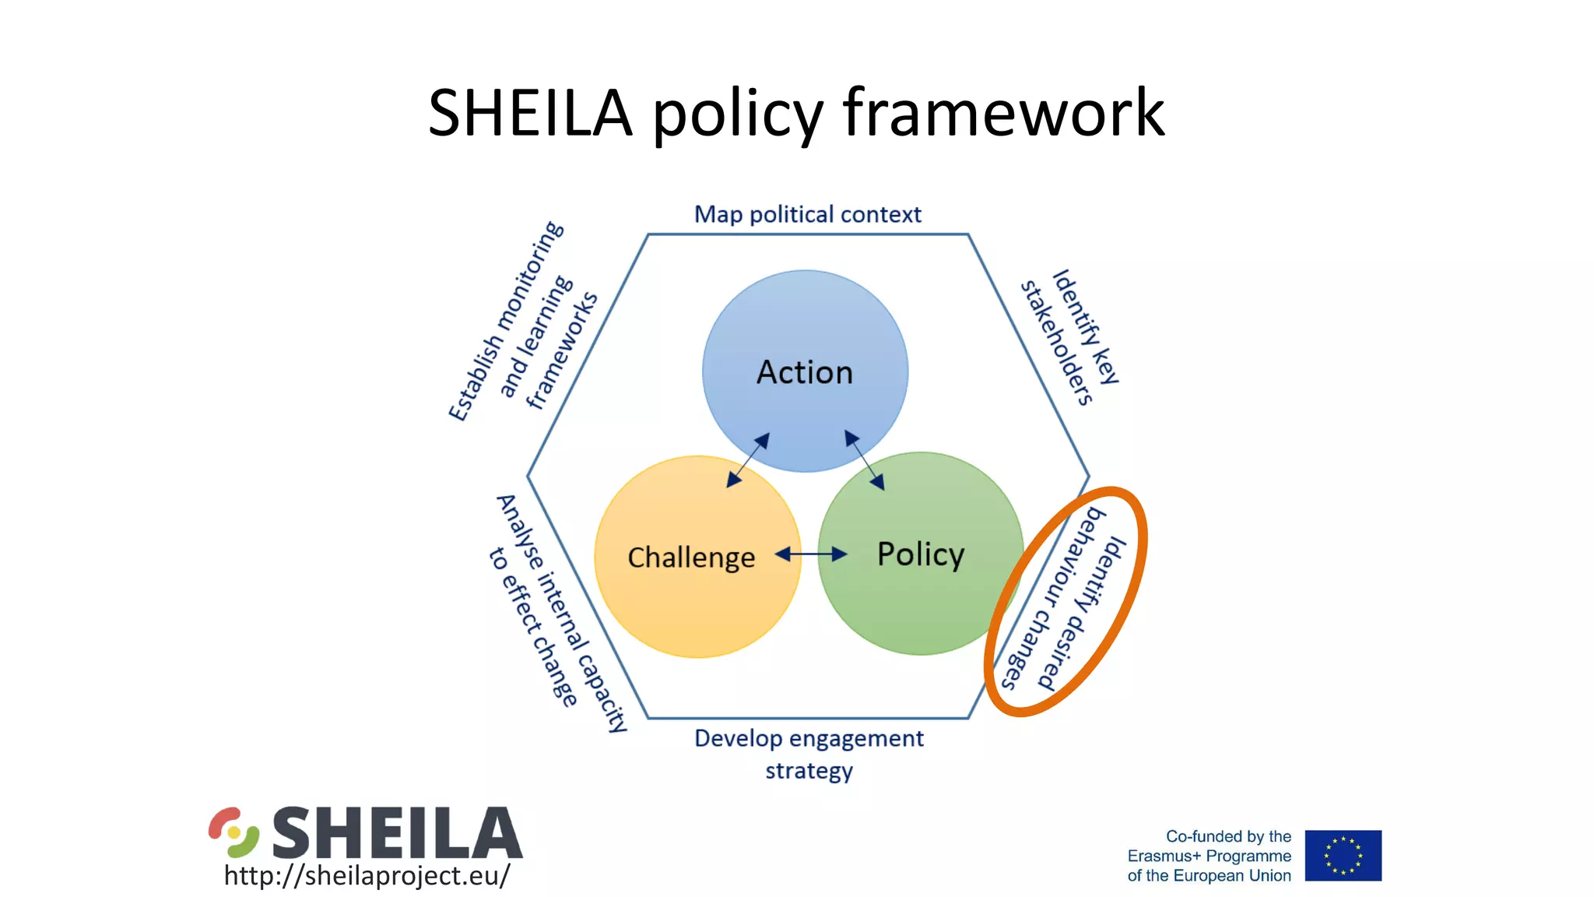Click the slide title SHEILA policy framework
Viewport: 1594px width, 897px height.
click(x=795, y=113)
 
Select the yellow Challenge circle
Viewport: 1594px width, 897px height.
click(x=685, y=607)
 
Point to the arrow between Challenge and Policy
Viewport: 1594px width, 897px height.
click(x=811, y=554)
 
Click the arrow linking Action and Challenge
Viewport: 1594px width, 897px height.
click(x=748, y=460)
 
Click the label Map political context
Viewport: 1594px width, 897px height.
click(x=807, y=214)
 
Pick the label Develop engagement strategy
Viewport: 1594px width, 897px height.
click(x=809, y=754)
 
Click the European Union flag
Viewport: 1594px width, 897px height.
click(x=1343, y=855)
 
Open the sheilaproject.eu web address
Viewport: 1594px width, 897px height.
click(x=367, y=875)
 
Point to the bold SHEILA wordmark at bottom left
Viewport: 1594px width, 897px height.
click(x=397, y=832)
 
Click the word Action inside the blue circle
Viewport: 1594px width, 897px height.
click(x=805, y=372)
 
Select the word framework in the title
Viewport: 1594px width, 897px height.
click(x=1003, y=113)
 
